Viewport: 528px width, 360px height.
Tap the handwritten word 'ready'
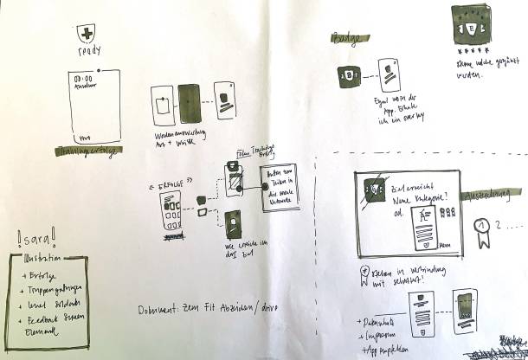[88, 53]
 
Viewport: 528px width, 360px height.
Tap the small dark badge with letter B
[349, 76]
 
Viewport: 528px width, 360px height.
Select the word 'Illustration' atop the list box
[43, 258]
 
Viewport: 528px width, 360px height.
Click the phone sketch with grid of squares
[171, 211]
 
